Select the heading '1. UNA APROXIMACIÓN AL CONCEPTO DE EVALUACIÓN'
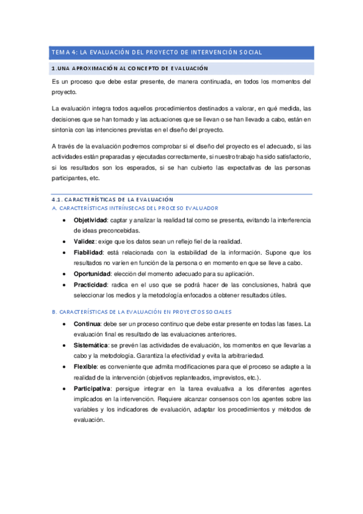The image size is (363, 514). click(x=130, y=68)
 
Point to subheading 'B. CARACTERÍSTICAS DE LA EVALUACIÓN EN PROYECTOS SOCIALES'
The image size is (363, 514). click(x=142, y=312)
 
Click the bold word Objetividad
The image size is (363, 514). click(x=92, y=219)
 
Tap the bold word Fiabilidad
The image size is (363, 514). click(x=88, y=252)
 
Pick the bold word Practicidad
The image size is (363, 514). click(x=91, y=285)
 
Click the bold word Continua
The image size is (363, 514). click(x=87, y=324)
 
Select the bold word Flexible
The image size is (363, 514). click(x=85, y=367)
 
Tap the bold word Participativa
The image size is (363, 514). click(x=92, y=389)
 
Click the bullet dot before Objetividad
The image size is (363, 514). click(x=65, y=219)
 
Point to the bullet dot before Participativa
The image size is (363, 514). click(x=65, y=389)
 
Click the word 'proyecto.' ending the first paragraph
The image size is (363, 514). click(x=64, y=92)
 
